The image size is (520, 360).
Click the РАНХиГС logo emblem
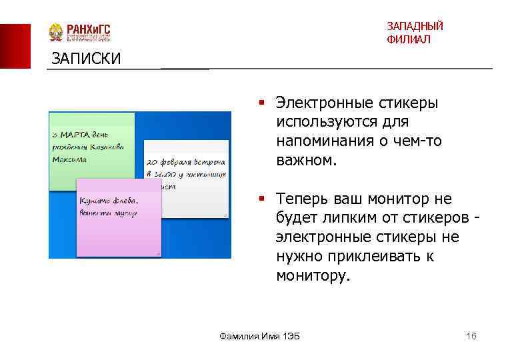[56, 33]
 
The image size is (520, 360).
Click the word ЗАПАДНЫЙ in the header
[415, 27]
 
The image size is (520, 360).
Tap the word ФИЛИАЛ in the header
[408, 40]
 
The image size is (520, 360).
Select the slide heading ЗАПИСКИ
[87, 59]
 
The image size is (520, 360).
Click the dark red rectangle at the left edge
[15, 45]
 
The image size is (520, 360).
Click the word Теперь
[299, 199]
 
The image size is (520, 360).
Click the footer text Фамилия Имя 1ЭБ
[260, 336]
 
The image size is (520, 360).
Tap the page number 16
[471, 336]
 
